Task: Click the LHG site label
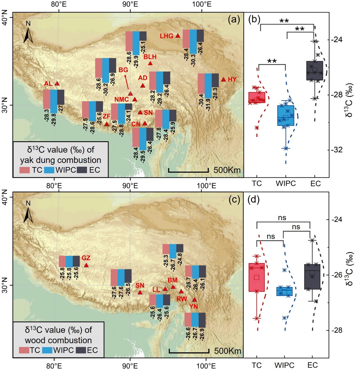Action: [166, 36]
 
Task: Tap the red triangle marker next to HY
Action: [223, 79]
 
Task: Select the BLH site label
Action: [150, 57]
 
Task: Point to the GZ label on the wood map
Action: [86, 258]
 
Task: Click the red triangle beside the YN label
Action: [194, 300]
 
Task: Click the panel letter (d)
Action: [253, 199]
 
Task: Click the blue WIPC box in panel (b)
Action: [286, 115]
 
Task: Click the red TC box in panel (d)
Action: [256, 277]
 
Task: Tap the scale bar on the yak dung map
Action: [188, 170]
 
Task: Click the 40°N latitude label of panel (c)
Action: [6, 197]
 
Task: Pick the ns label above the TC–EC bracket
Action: [282, 218]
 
